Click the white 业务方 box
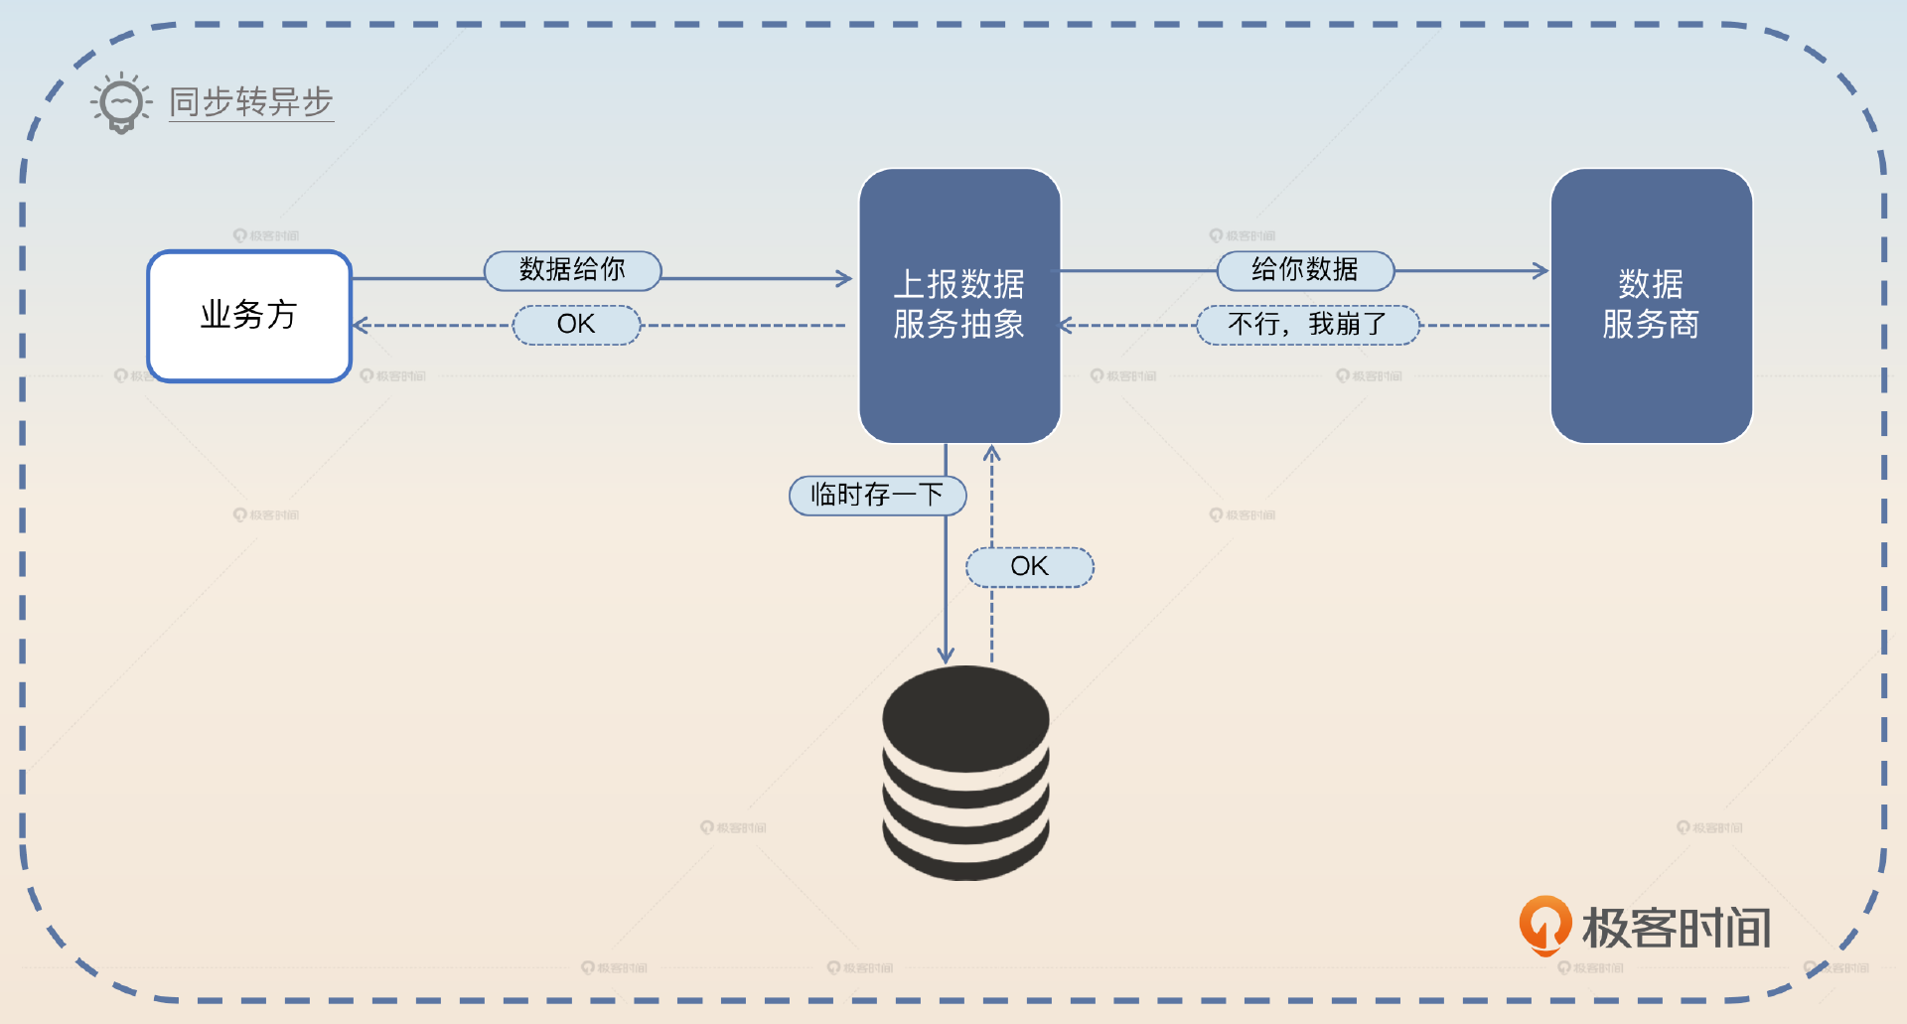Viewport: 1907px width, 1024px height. coord(249,316)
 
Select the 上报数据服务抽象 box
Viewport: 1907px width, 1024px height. coord(959,305)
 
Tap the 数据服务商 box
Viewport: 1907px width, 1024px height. coord(1651,305)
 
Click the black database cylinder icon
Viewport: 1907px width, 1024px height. coord(965,773)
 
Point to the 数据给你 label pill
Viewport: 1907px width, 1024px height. coord(572,270)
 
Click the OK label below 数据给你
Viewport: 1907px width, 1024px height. coord(576,325)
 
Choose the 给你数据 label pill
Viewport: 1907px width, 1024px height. coord(1305,270)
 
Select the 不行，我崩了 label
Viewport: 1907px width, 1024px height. coord(1307,325)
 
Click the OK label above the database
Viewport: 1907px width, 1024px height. coord(1029,567)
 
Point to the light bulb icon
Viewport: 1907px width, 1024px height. coord(121,102)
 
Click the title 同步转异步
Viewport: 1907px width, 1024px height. coord(251,102)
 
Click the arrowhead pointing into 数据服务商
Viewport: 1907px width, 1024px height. coord(1541,270)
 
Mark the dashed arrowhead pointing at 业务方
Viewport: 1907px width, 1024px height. coord(361,325)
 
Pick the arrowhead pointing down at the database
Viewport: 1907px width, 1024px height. coord(946,656)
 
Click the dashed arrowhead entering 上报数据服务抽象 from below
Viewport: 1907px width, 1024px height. coord(991,453)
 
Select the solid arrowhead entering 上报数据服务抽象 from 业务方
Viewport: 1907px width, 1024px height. coord(845,279)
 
